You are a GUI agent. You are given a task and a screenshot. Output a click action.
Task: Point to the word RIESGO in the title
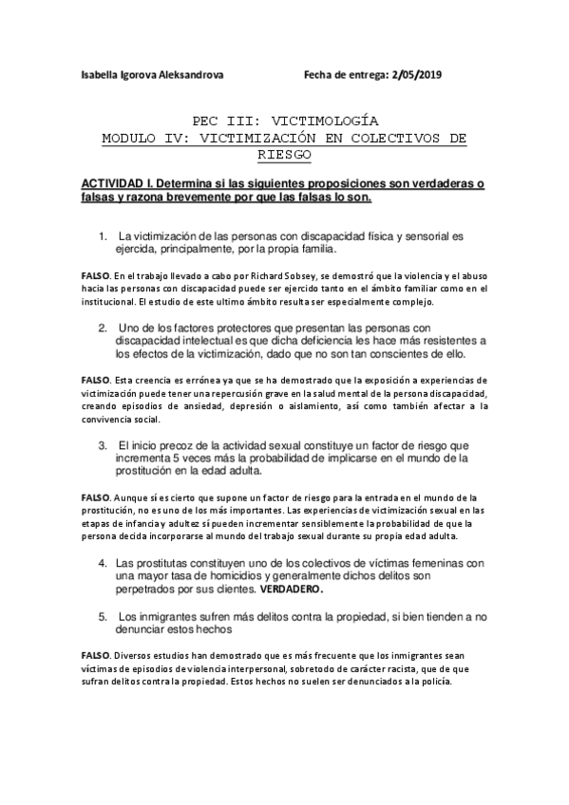(284, 154)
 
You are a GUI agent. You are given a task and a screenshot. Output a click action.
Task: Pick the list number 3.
(102, 444)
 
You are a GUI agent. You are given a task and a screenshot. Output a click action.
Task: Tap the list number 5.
(102, 615)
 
